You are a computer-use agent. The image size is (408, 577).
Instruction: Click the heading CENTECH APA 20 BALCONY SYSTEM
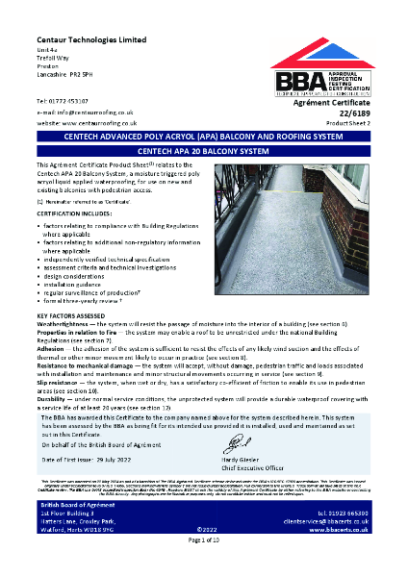coord(203,152)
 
